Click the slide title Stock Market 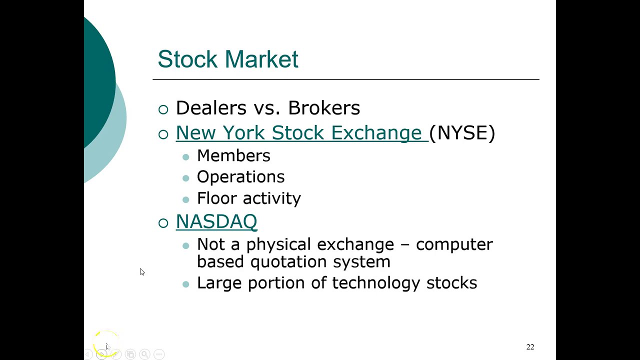tap(228, 59)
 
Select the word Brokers tap(324, 108)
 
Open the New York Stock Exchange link tap(299, 133)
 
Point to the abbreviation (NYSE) tap(462, 133)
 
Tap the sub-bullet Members tap(233, 156)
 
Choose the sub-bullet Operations tap(240, 177)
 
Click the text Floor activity tap(248, 198)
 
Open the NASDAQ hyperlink tap(216, 221)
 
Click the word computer tap(454, 244)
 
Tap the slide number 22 tap(530, 347)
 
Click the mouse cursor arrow tap(142, 271)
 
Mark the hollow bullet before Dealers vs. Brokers tap(163, 109)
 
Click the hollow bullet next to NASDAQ tap(163, 223)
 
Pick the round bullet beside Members tap(186, 157)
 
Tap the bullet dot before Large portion tap(186, 284)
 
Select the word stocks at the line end tap(451, 283)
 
